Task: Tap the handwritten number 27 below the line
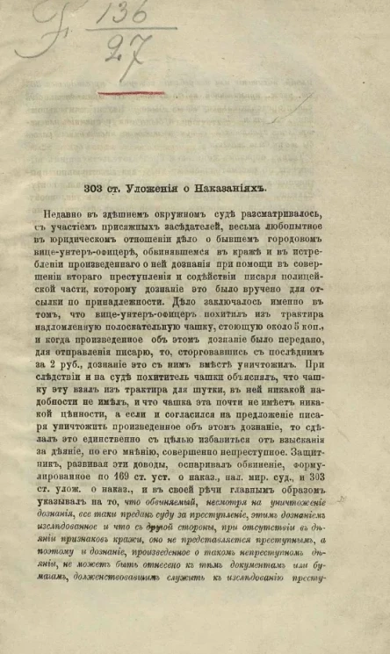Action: coord(123,48)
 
